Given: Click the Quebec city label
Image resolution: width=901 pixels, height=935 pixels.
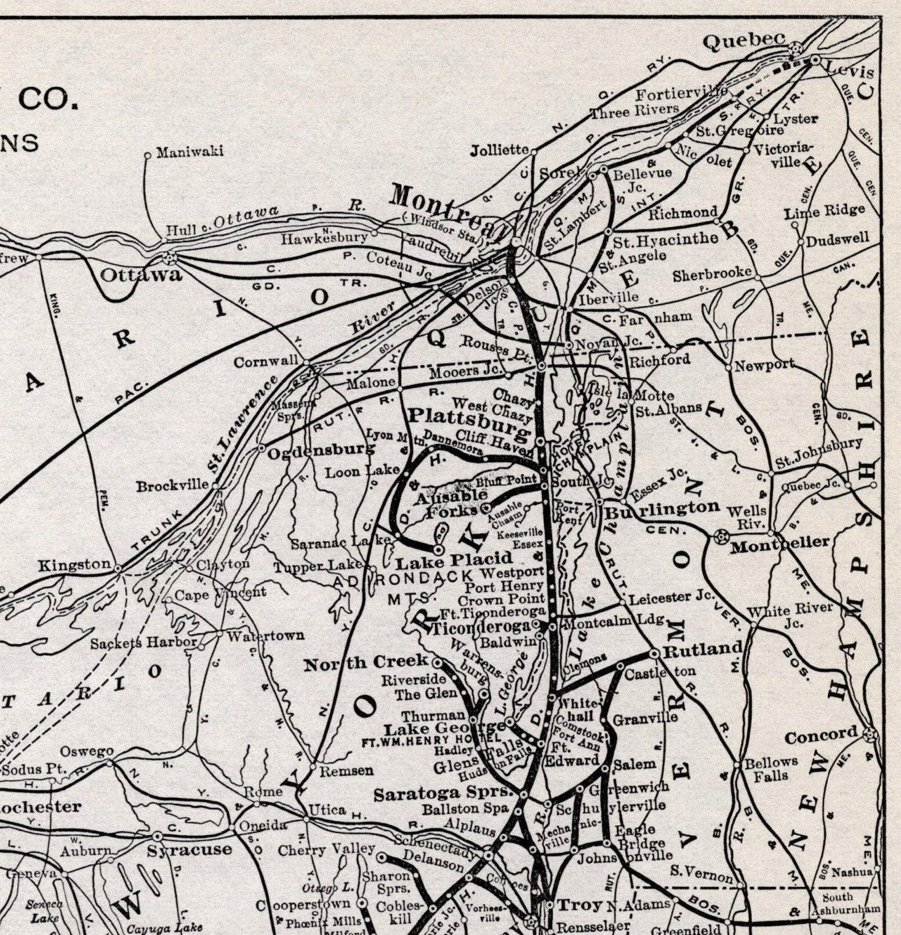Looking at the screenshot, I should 744,41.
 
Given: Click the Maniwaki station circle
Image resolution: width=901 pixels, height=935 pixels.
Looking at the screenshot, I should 147,154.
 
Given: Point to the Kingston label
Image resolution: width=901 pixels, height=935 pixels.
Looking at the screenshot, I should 74,565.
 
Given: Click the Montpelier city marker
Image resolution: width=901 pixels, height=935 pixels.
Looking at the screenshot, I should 722,535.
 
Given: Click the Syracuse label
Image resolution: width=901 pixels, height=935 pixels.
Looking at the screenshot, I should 190,850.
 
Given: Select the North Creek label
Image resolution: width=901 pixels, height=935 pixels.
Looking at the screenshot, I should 366,662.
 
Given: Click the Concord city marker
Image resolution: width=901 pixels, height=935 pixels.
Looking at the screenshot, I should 868,736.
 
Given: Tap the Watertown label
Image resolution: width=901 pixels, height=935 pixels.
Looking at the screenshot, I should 266,635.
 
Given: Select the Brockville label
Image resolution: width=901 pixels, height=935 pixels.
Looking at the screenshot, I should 172,486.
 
